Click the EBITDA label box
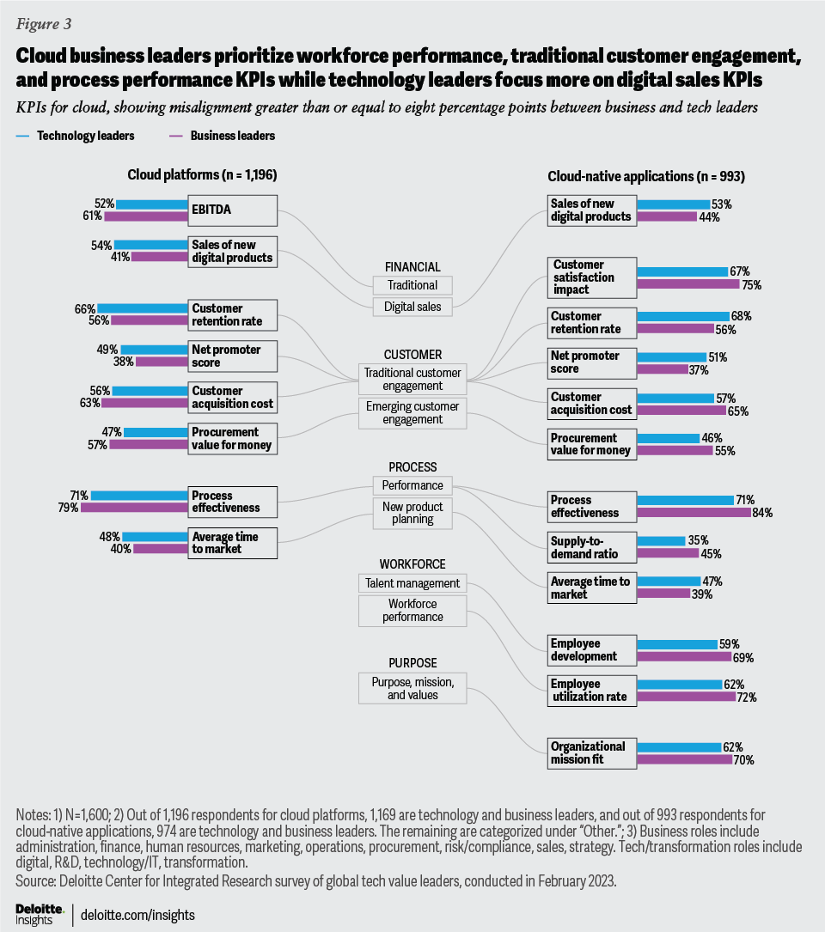point(234,210)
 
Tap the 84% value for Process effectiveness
point(762,513)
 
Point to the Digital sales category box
point(412,306)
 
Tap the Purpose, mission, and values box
point(412,688)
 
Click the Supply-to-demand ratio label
point(591,546)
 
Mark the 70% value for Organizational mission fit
point(744,759)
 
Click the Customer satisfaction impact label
point(591,277)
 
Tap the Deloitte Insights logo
point(40,913)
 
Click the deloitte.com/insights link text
point(137,915)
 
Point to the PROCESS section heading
point(412,467)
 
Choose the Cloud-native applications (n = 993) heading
point(645,176)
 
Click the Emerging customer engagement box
point(412,412)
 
